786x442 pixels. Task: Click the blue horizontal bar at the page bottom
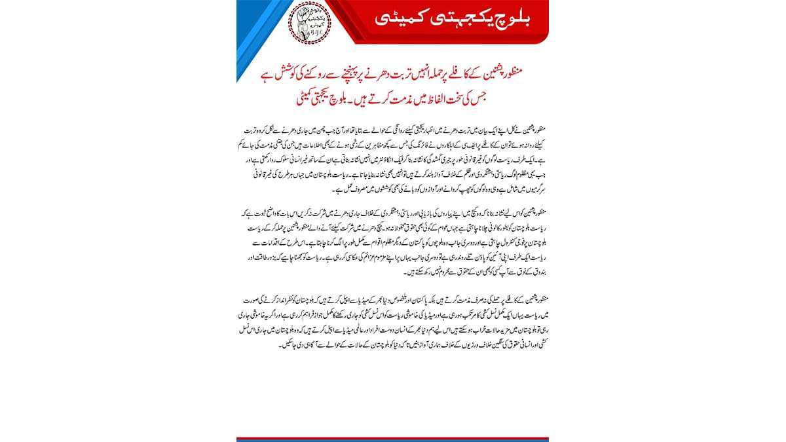[x=393, y=439]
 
